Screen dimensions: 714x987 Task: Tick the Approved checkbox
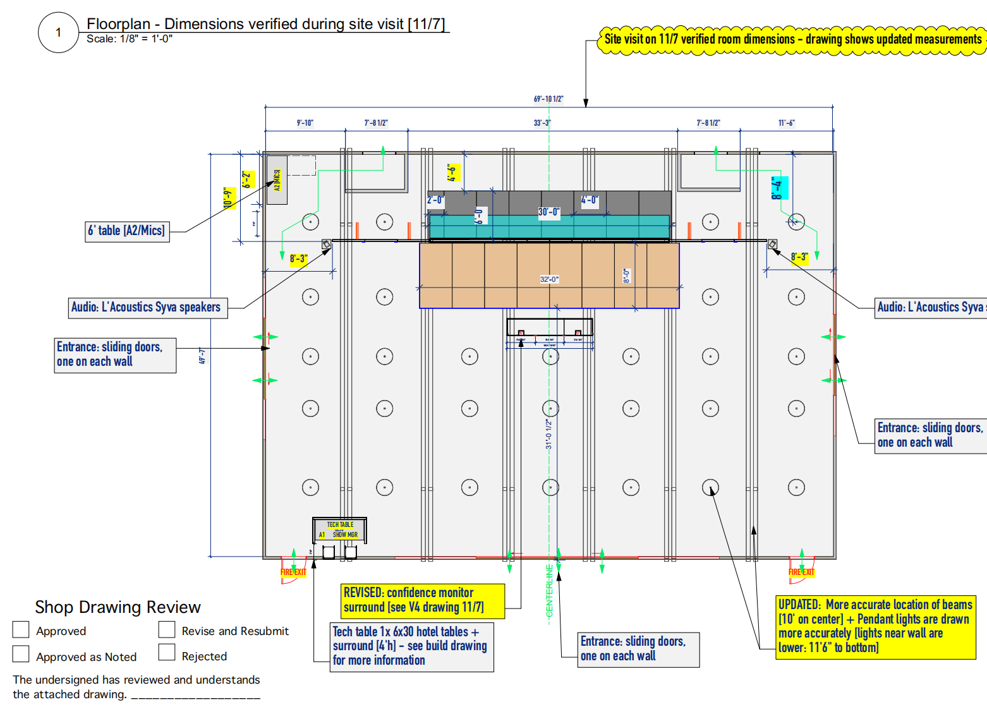pos(21,629)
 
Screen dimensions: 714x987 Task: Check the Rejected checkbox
pos(167,652)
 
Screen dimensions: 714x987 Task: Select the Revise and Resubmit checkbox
pos(167,629)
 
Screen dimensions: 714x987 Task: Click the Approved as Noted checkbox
pos(21,653)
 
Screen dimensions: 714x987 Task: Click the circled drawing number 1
pos(58,32)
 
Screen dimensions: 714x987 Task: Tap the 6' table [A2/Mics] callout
pos(127,231)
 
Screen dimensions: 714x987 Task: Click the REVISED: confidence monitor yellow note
pos(422,600)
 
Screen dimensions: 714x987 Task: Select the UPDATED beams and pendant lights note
pos(876,626)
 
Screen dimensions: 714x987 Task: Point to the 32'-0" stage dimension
pos(549,279)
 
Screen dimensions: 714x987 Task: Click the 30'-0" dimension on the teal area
pos(548,212)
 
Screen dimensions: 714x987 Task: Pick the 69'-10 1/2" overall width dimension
pos(548,99)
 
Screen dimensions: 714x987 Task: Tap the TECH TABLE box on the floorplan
pos(340,529)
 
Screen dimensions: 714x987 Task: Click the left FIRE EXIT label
pos(293,572)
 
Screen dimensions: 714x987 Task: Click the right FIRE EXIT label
pos(801,572)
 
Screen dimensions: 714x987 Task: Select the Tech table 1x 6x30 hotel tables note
pos(411,646)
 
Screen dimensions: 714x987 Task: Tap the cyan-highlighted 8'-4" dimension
pos(778,188)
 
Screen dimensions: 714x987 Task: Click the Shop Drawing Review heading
pos(118,607)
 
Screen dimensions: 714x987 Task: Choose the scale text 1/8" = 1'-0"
pos(130,39)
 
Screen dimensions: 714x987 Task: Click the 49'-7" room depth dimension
pos(203,356)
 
